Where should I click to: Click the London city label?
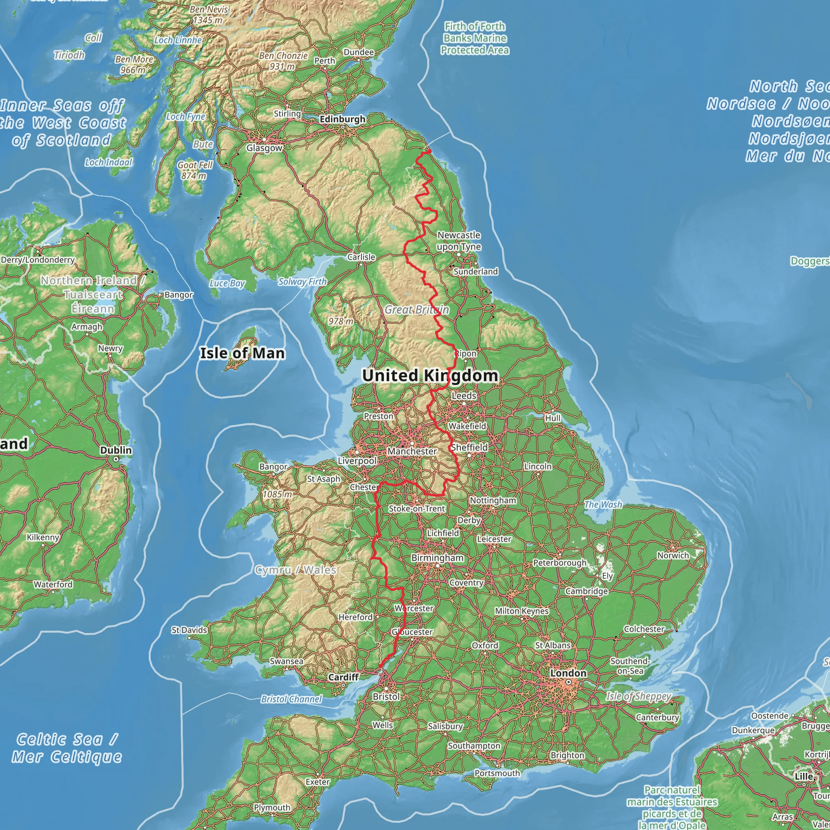pos(568,673)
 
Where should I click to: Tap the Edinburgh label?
pos(342,119)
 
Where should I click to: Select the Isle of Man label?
pos(242,353)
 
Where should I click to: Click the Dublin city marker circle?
pos(116,459)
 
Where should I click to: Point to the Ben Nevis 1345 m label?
pos(208,15)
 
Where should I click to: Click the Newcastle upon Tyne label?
pos(459,241)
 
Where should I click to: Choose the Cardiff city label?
pos(343,677)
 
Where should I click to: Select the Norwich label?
pos(673,555)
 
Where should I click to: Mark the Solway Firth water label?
pos(302,282)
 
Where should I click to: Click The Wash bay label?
pos(603,505)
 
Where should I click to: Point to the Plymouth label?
pos(272,807)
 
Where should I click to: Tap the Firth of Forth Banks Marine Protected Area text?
pos(475,38)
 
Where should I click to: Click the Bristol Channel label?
pos(291,699)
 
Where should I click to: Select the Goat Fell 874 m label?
pos(195,170)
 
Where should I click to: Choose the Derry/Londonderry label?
pos(38,259)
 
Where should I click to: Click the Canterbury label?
pos(657,717)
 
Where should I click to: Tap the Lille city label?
pos(804,776)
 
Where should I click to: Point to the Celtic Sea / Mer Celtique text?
pos(66,748)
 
